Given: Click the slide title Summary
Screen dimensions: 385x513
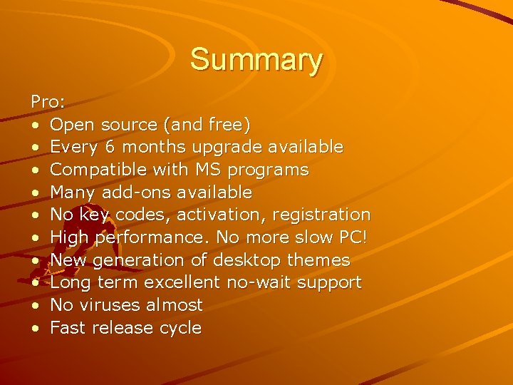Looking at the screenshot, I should [256, 60].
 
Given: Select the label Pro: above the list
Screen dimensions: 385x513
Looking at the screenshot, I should [48, 102].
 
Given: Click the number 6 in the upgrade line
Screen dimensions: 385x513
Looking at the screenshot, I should [109, 148].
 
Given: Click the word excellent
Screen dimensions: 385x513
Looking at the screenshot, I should [182, 283].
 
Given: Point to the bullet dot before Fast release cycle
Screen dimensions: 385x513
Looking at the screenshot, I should [35, 329].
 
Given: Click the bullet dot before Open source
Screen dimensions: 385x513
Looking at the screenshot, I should [35, 125].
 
